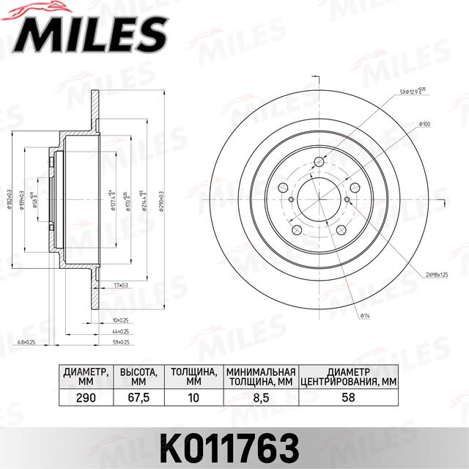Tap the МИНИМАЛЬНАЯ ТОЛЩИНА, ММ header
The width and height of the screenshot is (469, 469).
click(x=260, y=376)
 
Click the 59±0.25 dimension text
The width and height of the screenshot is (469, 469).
click(x=120, y=341)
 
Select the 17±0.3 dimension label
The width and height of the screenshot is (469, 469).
click(x=120, y=284)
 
